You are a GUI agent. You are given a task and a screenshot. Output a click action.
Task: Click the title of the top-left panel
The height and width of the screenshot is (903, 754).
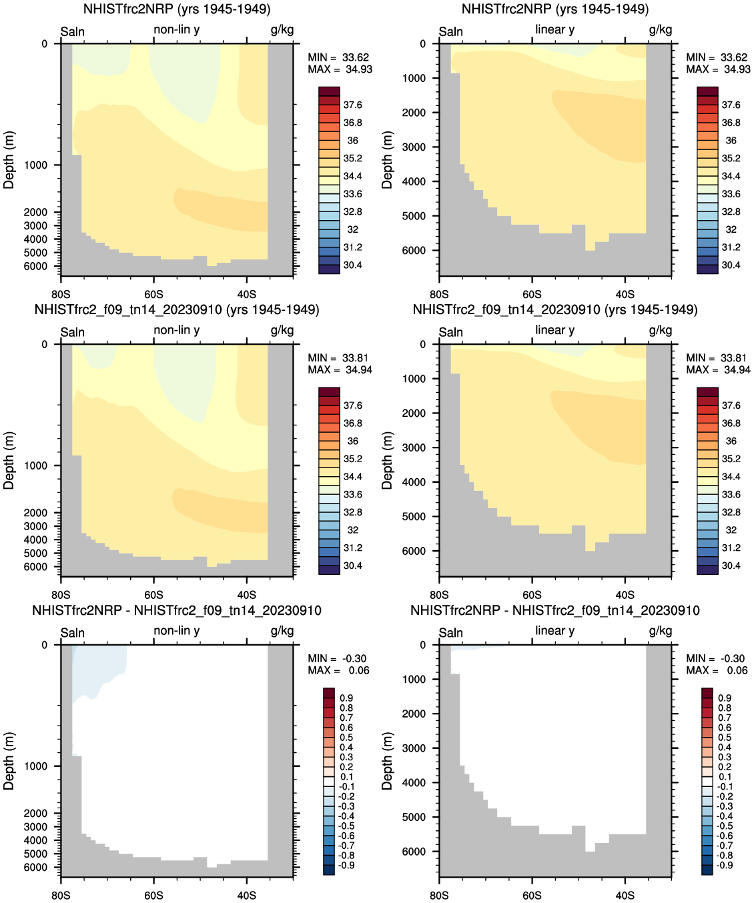(x=177, y=9)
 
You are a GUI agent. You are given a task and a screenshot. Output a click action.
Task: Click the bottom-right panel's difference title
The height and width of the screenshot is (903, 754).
(x=554, y=610)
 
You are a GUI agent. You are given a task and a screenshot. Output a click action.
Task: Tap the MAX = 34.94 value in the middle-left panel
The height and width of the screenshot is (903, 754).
(x=340, y=370)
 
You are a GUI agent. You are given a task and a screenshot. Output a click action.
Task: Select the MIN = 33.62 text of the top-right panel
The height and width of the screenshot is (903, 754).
(x=717, y=57)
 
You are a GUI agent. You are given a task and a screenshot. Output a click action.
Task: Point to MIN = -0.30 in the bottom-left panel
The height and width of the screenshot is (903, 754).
(x=337, y=658)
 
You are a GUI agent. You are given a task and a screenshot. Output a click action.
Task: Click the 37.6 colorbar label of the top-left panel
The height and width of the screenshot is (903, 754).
(x=352, y=105)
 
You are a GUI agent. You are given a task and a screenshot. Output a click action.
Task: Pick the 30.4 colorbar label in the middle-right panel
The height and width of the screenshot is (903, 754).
(x=731, y=566)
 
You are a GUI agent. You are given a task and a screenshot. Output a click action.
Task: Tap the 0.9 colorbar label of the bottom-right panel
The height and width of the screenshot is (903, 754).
(x=725, y=698)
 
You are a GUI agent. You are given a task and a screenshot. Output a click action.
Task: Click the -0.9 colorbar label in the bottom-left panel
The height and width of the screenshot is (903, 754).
(x=346, y=866)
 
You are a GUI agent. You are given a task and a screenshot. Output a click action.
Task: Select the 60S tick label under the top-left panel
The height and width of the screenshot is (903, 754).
(x=153, y=294)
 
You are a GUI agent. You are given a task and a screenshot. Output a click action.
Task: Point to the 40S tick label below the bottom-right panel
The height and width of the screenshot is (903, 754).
(x=625, y=895)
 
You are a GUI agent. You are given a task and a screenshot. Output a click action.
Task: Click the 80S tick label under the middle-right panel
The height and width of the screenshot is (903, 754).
(x=439, y=595)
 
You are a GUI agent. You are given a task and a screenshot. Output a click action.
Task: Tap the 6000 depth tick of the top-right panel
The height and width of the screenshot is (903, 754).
(x=414, y=251)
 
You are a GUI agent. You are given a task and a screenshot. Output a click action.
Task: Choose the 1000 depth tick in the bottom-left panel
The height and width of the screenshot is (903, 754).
(x=36, y=766)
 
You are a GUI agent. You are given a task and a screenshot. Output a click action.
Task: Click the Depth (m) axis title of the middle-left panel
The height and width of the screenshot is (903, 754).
(x=9, y=460)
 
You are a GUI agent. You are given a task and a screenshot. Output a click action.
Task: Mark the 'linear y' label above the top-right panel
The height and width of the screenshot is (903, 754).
(x=554, y=29)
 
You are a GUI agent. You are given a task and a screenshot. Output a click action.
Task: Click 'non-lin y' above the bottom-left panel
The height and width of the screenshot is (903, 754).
(x=177, y=630)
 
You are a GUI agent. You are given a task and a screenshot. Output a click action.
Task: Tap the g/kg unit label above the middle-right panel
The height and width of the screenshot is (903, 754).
(x=661, y=330)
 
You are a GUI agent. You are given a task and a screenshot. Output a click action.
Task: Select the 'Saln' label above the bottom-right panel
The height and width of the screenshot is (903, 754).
(x=451, y=632)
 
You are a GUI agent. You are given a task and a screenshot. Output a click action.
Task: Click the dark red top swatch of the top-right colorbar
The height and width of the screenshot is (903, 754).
(x=707, y=91)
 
